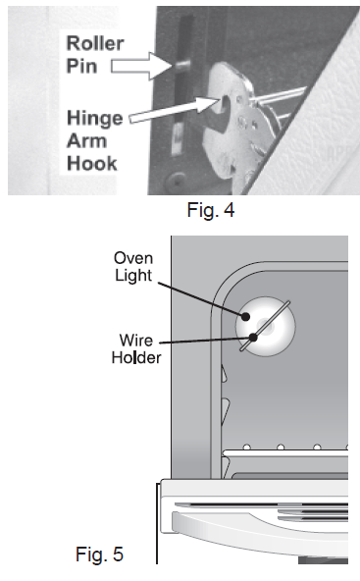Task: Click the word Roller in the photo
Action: pyautogui.click(x=95, y=43)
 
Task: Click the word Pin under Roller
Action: pyautogui.click(x=81, y=66)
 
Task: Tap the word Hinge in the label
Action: pyautogui.click(x=95, y=119)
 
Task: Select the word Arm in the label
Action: pyautogui.click(x=86, y=141)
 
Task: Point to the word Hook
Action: pyautogui.click(x=92, y=163)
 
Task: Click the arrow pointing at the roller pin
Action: pyautogui.click(x=142, y=66)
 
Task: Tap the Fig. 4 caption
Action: pyautogui.click(x=211, y=210)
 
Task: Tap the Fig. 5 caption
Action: pyautogui.click(x=99, y=555)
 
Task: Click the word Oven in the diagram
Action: pyautogui.click(x=133, y=258)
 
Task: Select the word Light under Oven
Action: pyautogui.click(x=133, y=276)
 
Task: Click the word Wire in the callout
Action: pyautogui.click(x=136, y=341)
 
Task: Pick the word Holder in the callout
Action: pyautogui.click(x=136, y=357)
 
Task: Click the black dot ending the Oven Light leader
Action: pyautogui.click(x=245, y=316)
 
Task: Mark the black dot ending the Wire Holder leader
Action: pyautogui.click(x=253, y=338)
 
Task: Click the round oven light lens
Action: pyautogui.click(x=266, y=326)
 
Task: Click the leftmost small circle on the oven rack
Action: pyautogui.click(x=246, y=448)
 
